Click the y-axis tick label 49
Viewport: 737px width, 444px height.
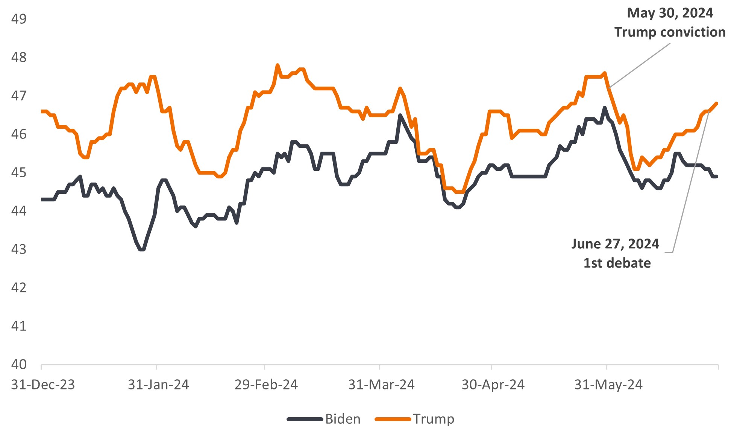[x=19, y=19]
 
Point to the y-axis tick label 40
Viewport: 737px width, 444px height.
[x=19, y=364]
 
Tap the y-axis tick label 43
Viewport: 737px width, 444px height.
[x=19, y=249]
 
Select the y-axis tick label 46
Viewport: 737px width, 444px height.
[x=19, y=134]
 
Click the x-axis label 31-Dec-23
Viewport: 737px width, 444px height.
[x=43, y=385]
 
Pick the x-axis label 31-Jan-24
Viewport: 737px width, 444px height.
[x=158, y=385]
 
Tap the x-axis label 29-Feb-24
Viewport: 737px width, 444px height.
[x=266, y=385]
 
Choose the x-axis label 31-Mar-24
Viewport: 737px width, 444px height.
[x=381, y=385]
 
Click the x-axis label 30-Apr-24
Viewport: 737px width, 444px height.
[x=493, y=385]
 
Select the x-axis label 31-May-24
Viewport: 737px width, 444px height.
[x=608, y=385]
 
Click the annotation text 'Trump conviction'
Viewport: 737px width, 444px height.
[x=670, y=32]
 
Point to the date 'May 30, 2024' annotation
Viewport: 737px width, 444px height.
[x=670, y=13]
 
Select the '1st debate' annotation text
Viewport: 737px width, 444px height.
[x=617, y=263]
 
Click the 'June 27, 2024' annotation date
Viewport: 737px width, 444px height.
[x=615, y=244]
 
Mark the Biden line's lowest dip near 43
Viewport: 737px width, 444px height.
[x=142, y=249]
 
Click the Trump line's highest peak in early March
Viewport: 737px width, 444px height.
[x=278, y=65]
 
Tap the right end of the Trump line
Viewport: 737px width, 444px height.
[x=716, y=103]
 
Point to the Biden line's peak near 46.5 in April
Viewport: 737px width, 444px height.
[x=400, y=115]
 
